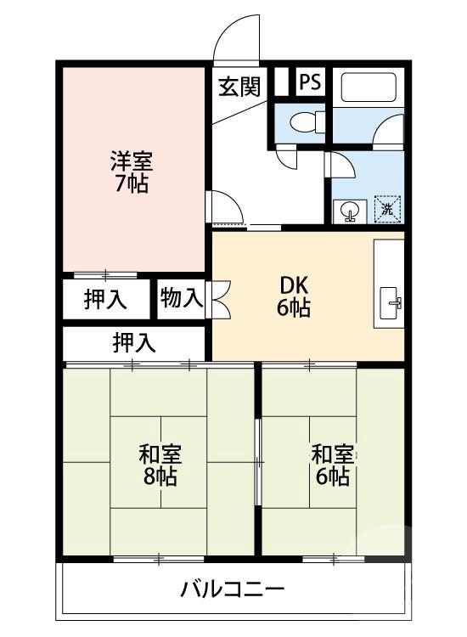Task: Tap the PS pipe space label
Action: pos(309,83)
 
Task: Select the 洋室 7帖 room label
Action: pos(131,171)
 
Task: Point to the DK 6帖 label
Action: pos(293,296)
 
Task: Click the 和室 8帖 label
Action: pos(159,465)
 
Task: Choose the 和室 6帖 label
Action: pos(331,465)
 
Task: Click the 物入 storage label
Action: pos(181,298)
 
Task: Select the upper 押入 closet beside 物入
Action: pos(105,300)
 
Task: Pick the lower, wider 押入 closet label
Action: pos(135,342)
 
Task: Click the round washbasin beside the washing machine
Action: pos(349,210)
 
